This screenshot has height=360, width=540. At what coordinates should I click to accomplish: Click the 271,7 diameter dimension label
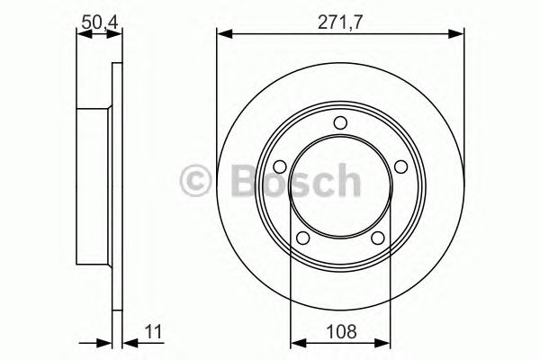pyautogui.click(x=340, y=17)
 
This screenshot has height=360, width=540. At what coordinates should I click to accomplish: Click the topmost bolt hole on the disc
pyautogui.click(x=340, y=123)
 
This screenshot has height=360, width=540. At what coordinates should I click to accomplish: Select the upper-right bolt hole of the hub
pyautogui.click(x=399, y=166)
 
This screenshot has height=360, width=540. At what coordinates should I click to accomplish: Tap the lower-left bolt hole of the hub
pyautogui.click(x=303, y=237)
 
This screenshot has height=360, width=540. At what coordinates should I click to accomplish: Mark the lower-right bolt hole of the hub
pyautogui.click(x=377, y=237)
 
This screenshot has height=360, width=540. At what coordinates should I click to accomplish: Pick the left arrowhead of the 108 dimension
pyautogui.click(x=294, y=344)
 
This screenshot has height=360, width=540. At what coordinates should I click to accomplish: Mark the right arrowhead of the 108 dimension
pyautogui.click(x=386, y=344)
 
